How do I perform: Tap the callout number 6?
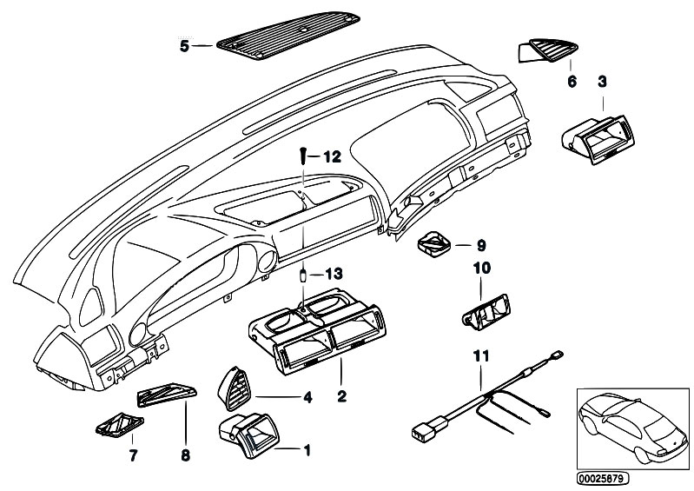point(572,82)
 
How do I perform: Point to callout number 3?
point(601,82)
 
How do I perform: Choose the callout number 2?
point(341,398)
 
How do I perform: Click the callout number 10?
point(482,270)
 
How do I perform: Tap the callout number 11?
point(482,355)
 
